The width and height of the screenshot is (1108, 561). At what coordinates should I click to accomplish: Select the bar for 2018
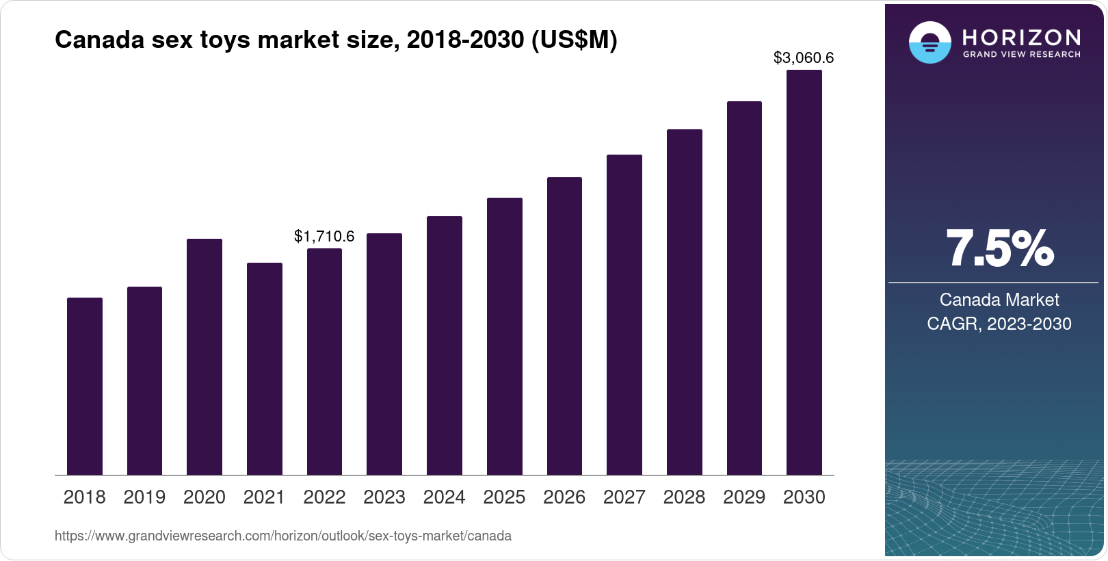pyautogui.click(x=85, y=387)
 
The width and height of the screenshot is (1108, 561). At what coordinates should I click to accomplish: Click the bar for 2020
pyautogui.click(x=205, y=356)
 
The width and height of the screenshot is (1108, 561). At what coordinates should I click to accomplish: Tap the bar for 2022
pyautogui.click(x=324, y=362)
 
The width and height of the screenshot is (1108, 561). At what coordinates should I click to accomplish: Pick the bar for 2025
pyautogui.click(x=505, y=337)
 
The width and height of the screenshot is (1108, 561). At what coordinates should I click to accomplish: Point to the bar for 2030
pyautogui.click(x=804, y=272)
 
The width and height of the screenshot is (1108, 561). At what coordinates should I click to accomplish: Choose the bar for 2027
pyautogui.click(x=624, y=315)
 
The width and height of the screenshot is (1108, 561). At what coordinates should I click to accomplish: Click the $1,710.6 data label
pyautogui.click(x=324, y=237)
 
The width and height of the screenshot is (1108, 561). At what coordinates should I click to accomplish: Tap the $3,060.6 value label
pyautogui.click(x=804, y=58)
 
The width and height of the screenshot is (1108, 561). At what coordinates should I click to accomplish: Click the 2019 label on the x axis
pyautogui.click(x=144, y=497)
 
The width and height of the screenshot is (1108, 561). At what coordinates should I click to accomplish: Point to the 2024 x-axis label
pyautogui.click(x=444, y=497)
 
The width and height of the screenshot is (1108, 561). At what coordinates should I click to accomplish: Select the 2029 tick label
pyautogui.click(x=744, y=497)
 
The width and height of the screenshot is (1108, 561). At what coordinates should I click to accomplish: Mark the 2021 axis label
pyautogui.click(x=264, y=497)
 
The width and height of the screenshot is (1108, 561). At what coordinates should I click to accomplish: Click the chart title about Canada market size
pyautogui.click(x=337, y=40)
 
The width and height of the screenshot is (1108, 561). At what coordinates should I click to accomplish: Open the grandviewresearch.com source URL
pyautogui.click(x=283, y=536)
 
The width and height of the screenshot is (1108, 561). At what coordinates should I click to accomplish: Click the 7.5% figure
pyautogui.click(x=1000, y=249)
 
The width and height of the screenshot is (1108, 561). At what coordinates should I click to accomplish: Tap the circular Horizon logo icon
pyautogui.click(x=930, y=42)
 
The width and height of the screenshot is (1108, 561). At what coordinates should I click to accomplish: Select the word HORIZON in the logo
pyautogui.click(x=1021, y=38)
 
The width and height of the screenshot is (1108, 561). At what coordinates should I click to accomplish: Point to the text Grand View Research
pyautogui.click(x=1021, y=55)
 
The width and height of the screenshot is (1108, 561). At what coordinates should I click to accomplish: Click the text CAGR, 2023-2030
pyautogui.click(x=999, y=324)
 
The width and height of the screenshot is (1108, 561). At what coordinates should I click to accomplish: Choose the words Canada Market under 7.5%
pyautogui.click(x=999, y=300)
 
